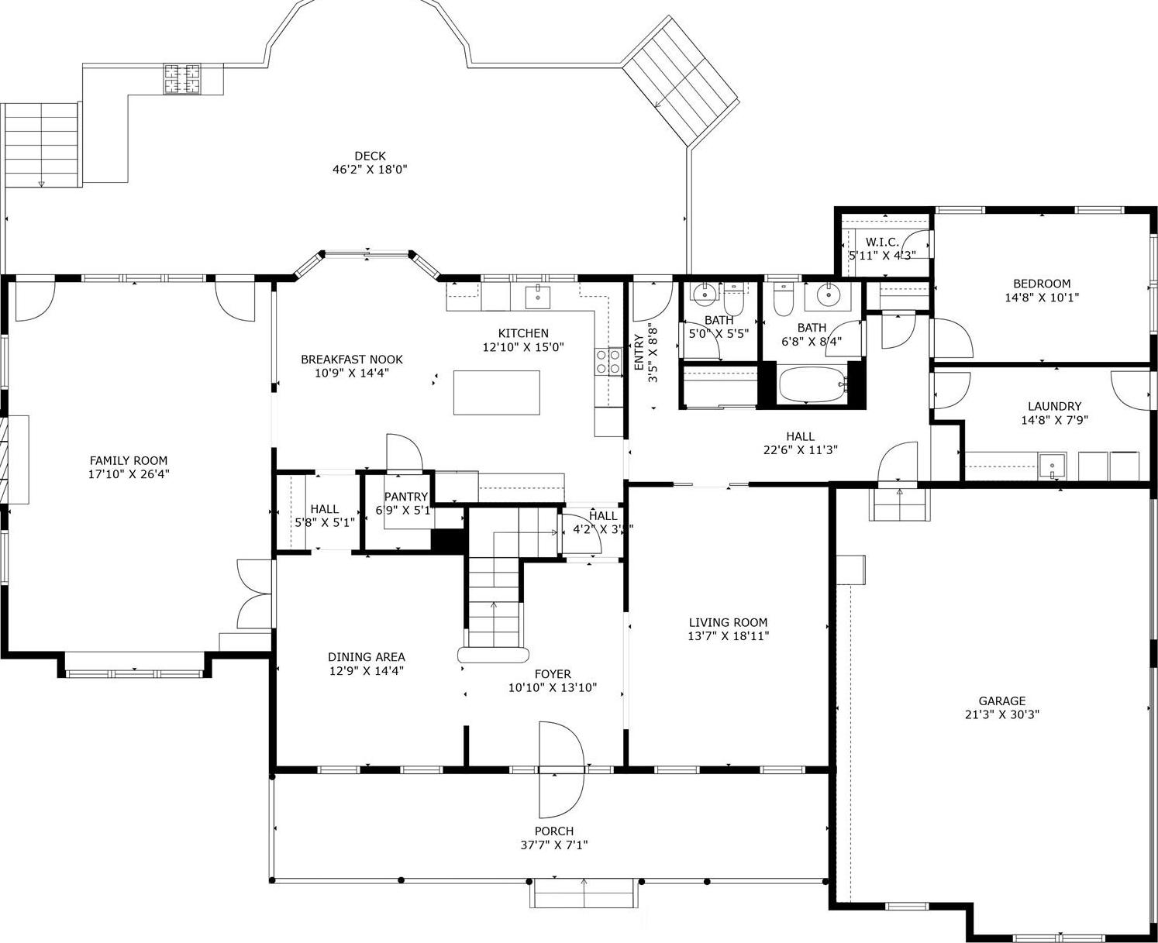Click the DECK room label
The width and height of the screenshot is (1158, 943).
(370, 156)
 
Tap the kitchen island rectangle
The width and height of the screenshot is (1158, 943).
(496, 393)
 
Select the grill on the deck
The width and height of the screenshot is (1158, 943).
(181, 78)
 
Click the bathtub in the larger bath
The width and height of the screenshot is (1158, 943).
(811, 384)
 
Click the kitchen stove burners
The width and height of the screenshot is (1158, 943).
(608, 361)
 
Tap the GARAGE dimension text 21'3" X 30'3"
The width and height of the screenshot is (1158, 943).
(1001, 714)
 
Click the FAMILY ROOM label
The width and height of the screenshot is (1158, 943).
(129, 460)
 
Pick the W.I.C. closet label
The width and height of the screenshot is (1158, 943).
(882, 243)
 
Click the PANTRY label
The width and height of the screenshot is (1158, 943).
(406, 497)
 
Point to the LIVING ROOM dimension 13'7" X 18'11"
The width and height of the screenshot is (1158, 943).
(728, 636)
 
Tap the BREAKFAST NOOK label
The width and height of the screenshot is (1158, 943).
(352, 360)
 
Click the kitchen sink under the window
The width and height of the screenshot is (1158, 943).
(537, 295)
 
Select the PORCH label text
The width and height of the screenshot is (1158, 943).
(553, 831)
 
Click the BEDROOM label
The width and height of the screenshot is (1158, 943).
(1041, 284)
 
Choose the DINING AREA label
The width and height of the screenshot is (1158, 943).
(366, 657)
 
